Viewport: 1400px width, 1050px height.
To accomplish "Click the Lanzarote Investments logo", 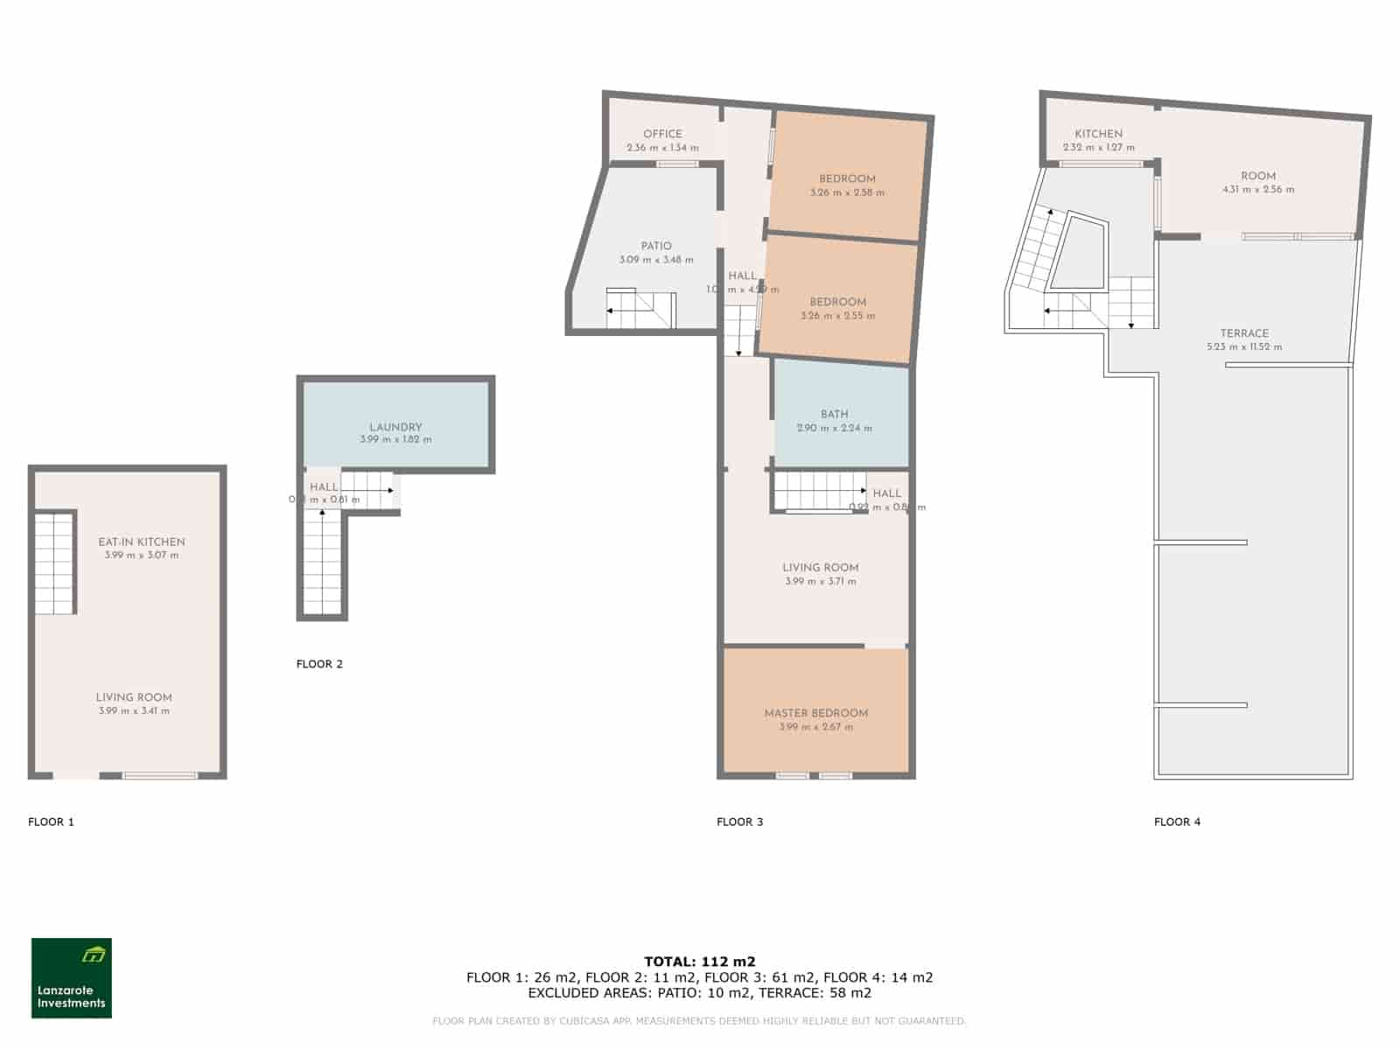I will point(72,977).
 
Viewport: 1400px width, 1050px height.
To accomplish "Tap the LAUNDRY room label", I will point(395,427).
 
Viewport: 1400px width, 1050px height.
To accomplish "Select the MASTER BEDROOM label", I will point(815,713).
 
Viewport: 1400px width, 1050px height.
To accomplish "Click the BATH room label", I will point(834,414).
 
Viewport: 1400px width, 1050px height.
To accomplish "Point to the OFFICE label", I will point(662,134).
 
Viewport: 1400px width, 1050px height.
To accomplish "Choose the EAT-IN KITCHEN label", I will point(142,542).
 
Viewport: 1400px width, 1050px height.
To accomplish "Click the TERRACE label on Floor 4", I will point(1244,333).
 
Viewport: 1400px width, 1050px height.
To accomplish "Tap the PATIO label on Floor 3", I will point(656,246).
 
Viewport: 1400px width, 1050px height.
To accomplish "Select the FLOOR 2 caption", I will point(319,664).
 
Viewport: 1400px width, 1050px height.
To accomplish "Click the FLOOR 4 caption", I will point(1177,822).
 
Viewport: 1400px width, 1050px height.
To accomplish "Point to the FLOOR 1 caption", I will point(51,822).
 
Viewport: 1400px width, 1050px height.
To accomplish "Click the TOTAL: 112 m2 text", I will point(700,962).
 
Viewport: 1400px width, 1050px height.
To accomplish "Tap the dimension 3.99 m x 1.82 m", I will point(395,440).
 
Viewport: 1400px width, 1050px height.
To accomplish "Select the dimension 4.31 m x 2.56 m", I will point(1258,190).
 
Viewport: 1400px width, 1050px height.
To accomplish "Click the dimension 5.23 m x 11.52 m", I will point(1244,347).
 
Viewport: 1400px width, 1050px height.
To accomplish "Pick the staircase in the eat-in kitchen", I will point(55,563).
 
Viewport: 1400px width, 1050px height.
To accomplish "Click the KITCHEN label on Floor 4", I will point(1098,134).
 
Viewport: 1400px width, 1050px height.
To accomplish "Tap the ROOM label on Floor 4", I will point(1258,176).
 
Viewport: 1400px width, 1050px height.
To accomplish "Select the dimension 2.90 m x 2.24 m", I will point(834,429).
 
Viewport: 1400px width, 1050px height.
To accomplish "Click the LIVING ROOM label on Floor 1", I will point(134,697).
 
